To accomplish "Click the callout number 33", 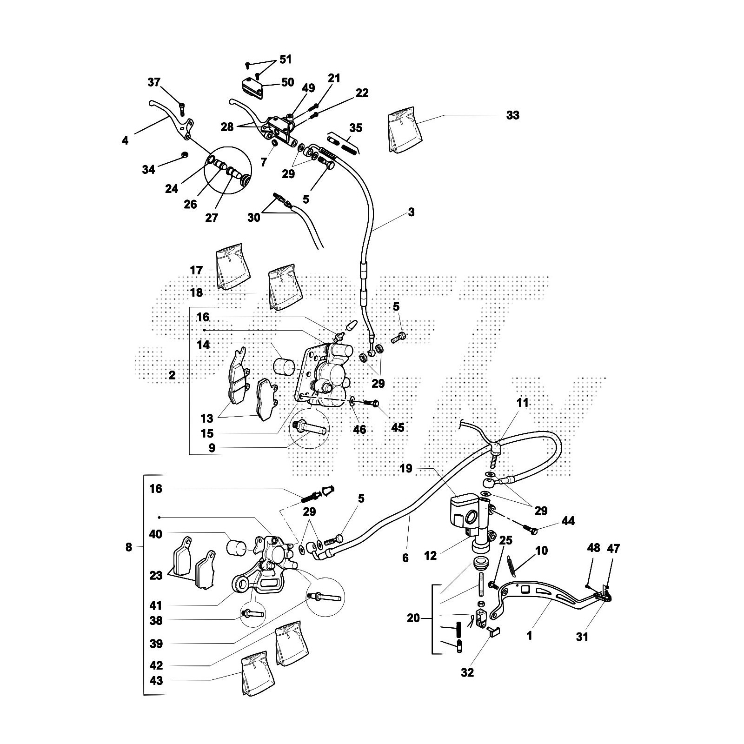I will tap(512, 115).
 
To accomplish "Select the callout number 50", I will tap(287, 82).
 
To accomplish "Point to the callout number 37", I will tap(154, 83).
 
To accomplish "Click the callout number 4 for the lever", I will tap(125, 139).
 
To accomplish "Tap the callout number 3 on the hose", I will tap(411, 213).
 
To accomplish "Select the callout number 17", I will tap(196, 270).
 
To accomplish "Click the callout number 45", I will tap(398, 427).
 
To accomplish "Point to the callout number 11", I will tap(523, 403).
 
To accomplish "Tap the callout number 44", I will tap(568, 521).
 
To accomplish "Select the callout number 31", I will tap(582, 637).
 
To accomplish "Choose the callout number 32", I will tap(467, 672).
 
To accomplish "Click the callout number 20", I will tap(413, 618).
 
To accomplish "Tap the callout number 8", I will tap(129, 547).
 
